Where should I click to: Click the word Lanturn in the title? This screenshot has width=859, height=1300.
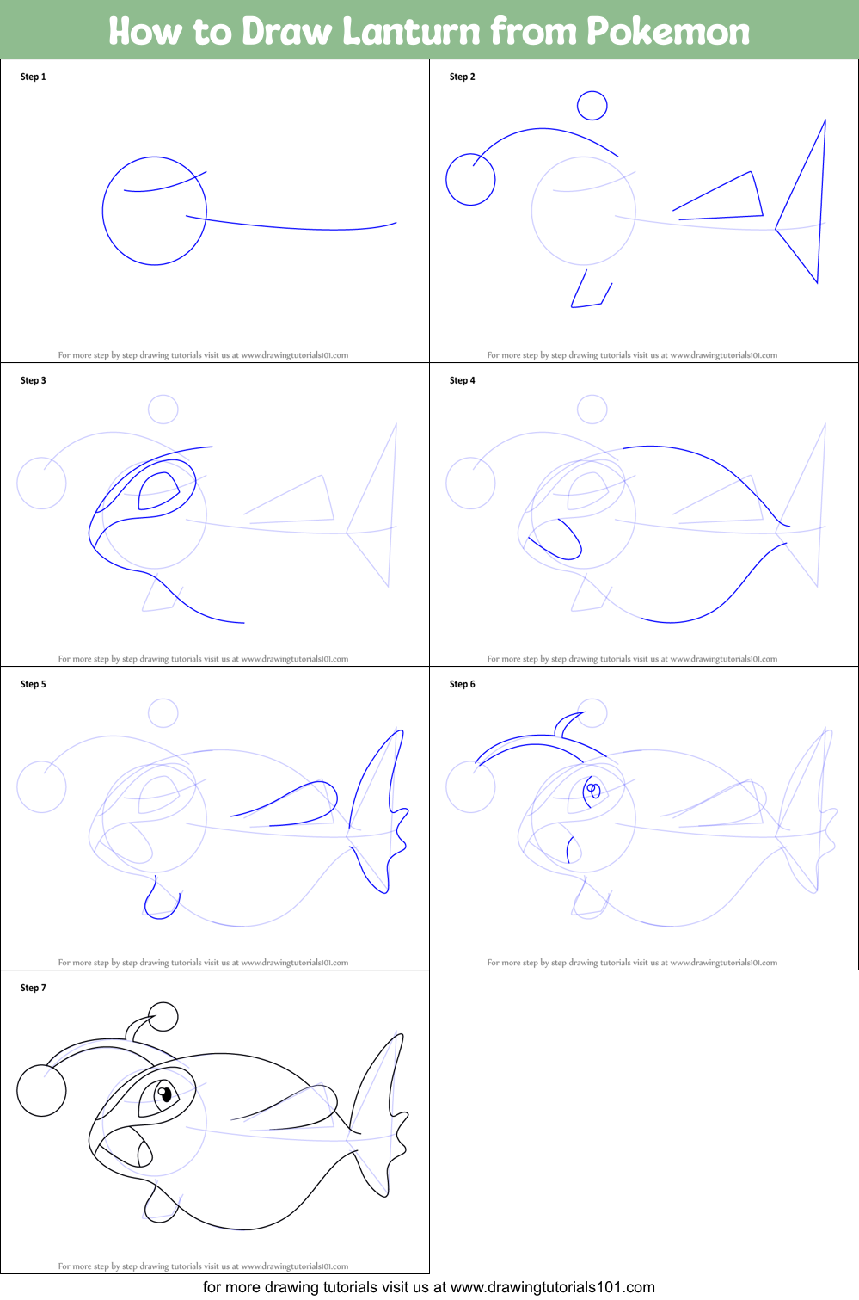click(x=412, y=31)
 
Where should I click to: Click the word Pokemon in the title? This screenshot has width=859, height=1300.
click(x=668, y=31)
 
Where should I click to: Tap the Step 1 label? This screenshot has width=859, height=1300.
click(x=34, y=77)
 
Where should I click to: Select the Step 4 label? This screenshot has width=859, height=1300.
click(x=463, y=380)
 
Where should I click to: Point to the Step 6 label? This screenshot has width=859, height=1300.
click(x=463, y=684)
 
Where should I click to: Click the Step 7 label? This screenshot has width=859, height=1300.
click(x=34, y=988)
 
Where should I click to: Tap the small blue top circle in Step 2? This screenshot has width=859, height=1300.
click(x=592, y=106)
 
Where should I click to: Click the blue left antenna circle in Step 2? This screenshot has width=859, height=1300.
click(x=470, y=180)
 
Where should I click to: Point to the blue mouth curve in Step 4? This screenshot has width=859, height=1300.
click(x=559, y=542)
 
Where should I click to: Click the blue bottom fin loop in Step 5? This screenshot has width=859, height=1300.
click(x=161, y=902)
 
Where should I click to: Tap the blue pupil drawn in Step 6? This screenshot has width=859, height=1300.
click(x=592, y=790)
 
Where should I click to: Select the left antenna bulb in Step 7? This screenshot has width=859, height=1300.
click(x=41, y=1090)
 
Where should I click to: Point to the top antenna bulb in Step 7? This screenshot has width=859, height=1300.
click(x=163, y=1016)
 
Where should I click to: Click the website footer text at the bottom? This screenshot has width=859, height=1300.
click(x=429, y=1287)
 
